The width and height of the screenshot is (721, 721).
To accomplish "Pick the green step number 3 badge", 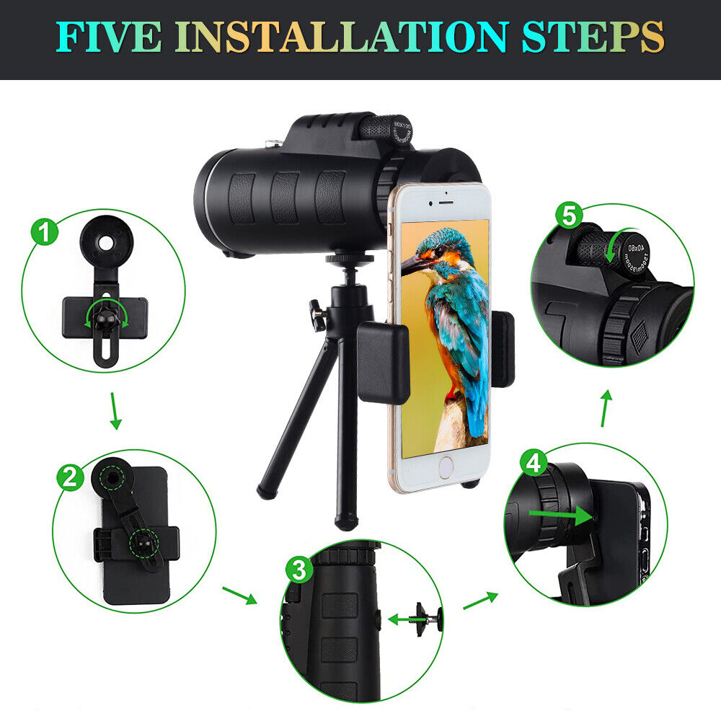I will click(298, 570).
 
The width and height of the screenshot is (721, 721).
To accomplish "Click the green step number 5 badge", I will click(570, 215).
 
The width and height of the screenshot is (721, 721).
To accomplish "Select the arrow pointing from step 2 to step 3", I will click(239, 595).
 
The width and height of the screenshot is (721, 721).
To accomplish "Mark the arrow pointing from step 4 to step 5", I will click(606, 407).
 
